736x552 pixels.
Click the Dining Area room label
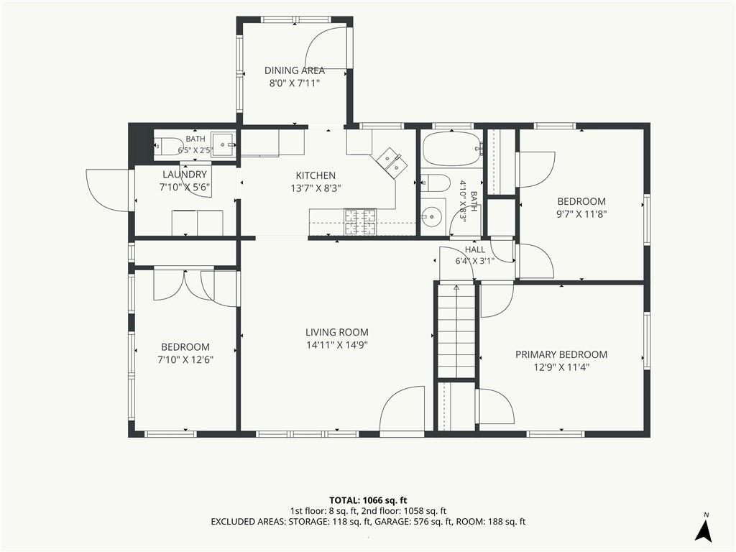(x=294, y=70)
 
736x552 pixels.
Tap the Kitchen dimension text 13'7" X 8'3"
(x=316, y=189)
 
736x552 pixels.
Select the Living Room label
(x=336, y=332)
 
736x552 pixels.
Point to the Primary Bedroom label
(x=561, y=354)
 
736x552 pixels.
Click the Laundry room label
(x=185, y=175)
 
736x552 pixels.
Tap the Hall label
(x=475, y=249)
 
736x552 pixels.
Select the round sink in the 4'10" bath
(x=431, y=216)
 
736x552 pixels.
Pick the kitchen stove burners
(x=361, y=221)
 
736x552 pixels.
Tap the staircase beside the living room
(x=456, y=331)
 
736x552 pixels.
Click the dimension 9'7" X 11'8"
(x=581, y=214)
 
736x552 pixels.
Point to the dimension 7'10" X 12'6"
(x=185, y=360)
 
